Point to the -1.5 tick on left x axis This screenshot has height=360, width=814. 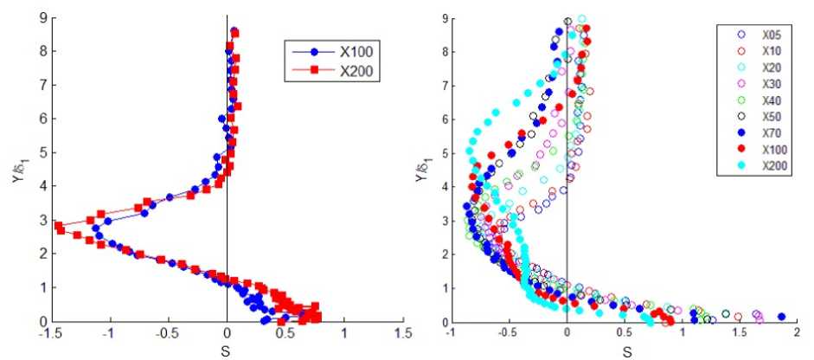[51, 331]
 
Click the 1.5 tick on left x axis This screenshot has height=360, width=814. [402, 331]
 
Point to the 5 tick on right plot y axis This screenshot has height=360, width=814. [440, 152]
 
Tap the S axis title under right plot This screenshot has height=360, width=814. [625, 350]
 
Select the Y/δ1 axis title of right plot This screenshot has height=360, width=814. [422, 170]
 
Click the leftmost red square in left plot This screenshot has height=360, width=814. [58, 226]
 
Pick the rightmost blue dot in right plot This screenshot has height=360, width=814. [781, 317]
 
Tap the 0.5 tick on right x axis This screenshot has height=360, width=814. [625, 331]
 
